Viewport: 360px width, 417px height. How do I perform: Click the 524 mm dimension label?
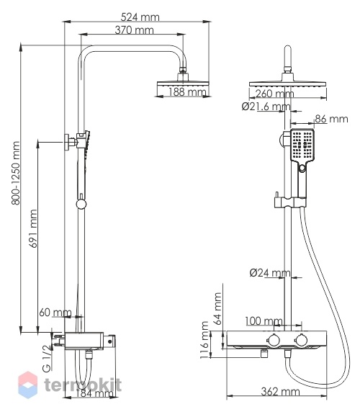pos(140,17)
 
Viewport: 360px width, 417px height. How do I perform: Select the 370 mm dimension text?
pos(134,30)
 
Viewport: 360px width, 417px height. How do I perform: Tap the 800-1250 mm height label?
pos(16,173)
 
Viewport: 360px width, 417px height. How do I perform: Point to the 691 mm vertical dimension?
pos(33,229)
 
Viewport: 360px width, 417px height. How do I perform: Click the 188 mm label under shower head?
pos(187,92)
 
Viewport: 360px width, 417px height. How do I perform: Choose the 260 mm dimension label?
pos(274,94)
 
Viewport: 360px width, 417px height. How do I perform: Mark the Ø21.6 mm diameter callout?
pos(266,107)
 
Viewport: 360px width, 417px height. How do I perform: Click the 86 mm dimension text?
pos(331,119)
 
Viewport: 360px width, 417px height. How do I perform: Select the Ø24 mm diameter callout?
pos(270,272)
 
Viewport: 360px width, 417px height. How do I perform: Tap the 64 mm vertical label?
pos(217,308)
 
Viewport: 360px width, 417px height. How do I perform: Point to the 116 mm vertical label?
pos(204,340)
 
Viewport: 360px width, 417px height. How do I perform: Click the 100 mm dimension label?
pos(264,321)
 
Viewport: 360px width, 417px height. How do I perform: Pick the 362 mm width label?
pos(280,392)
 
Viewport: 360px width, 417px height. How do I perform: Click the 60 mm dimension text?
pos(55,313)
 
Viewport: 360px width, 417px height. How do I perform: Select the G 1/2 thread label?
pos(47,358)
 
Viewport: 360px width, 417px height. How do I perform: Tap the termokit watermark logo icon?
pos(27,385)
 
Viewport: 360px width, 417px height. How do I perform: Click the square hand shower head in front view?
pos(302,145)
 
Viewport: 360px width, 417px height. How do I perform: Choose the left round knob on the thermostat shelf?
pos(273,341)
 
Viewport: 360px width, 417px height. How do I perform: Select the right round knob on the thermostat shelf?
pos(302,341)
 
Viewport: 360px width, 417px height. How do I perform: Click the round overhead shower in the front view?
pos(288,84)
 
